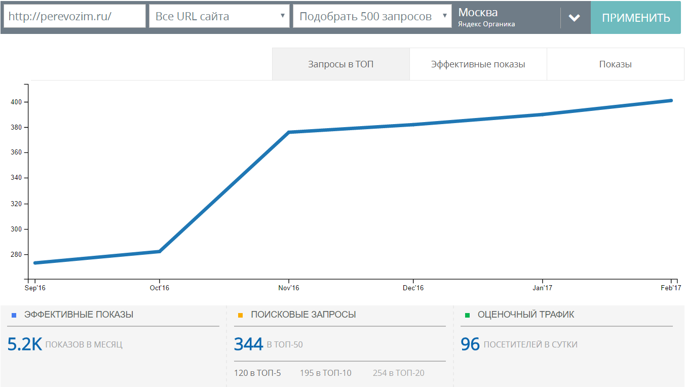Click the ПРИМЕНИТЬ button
coord(636,17)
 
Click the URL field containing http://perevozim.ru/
coord(74,16)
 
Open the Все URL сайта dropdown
coord(219,16)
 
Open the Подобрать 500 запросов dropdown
coord(372,16)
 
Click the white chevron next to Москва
coord(575,18)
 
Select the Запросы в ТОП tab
coord(340,64)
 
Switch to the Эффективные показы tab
coord(478,64)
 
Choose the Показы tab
coord(615,64)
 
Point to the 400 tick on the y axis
coord(26,102)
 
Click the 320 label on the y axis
coord(16,204)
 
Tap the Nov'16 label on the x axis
coord(289,288)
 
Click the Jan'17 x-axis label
coord(542,288)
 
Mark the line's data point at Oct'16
coord(159,252)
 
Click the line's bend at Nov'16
coord(289,132)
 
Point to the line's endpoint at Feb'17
coord(671,101)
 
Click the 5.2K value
coord(24,344)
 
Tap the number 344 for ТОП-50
coord(248,344)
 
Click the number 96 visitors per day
coord(470,344)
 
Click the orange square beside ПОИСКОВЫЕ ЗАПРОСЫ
coord(240,315)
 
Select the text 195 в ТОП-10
coord(325,373)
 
